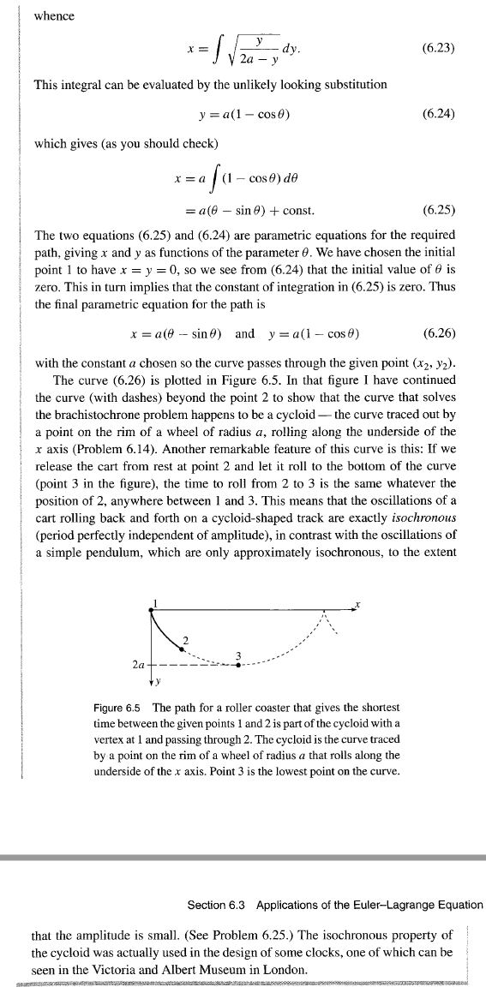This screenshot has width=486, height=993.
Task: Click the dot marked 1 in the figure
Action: (x=151, y=608)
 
